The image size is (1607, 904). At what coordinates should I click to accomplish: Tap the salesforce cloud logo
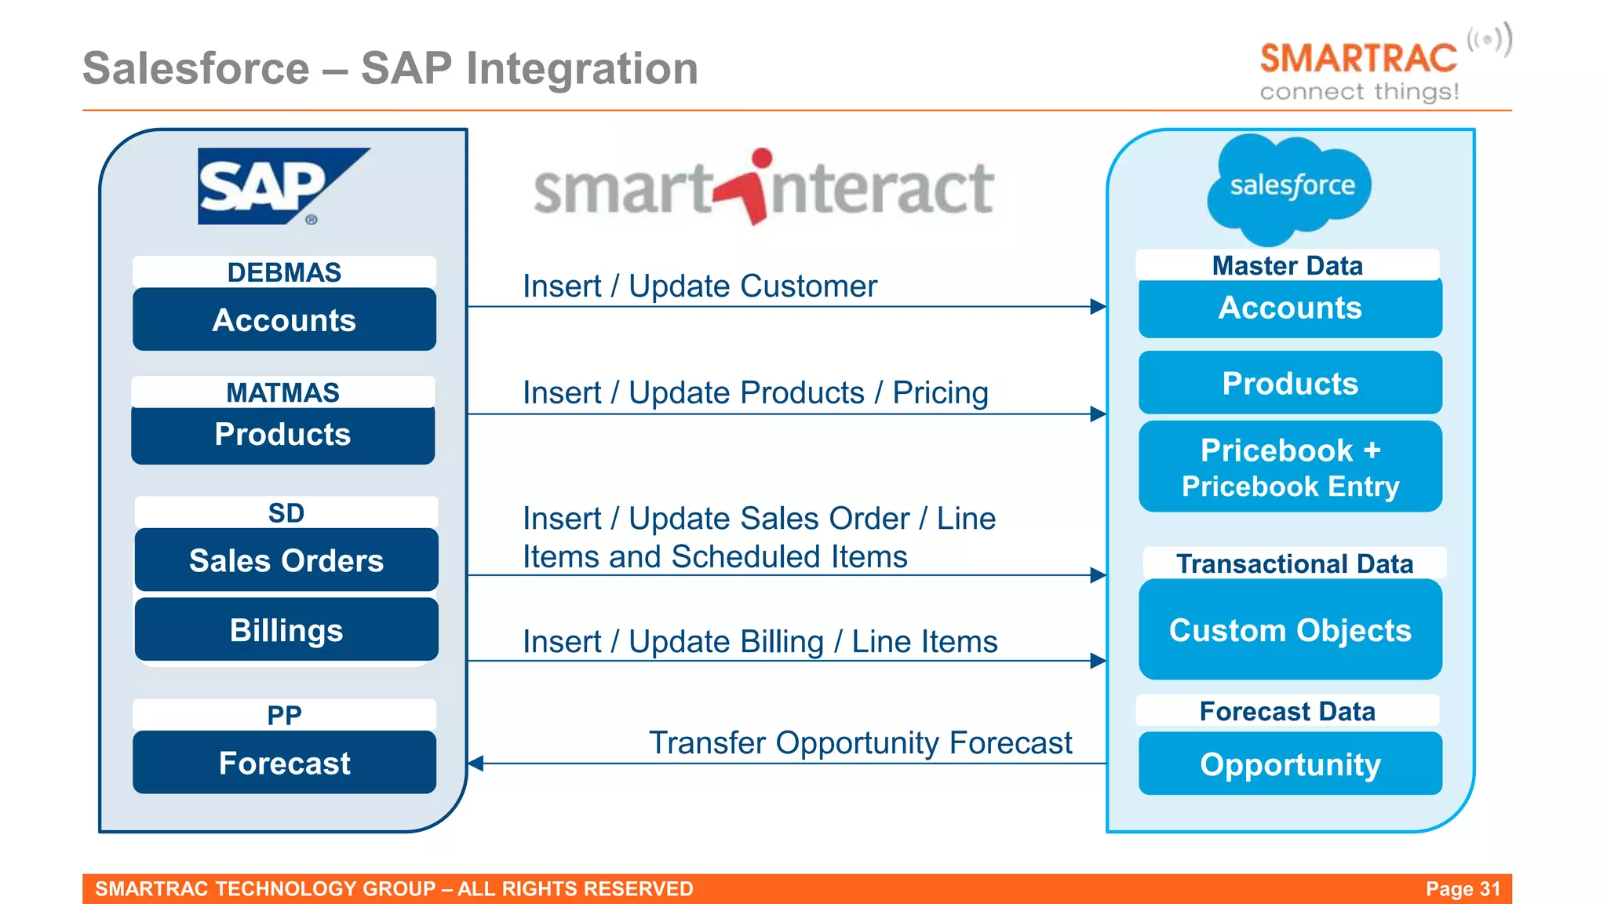pos(1289,187)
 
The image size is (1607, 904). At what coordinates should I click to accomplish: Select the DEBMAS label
pos(284,272)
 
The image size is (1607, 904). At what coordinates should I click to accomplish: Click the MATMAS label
pos(282,392)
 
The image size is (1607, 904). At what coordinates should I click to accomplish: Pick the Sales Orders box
pos(286,560)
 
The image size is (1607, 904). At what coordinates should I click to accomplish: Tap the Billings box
pos(286,630)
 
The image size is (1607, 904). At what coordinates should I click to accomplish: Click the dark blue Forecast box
pos(284,763)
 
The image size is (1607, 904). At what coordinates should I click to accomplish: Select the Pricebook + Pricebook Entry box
pos(1290,468)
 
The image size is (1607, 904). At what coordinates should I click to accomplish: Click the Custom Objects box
pos(1290,630)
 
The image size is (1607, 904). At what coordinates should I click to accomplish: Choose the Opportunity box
pos(1290,764)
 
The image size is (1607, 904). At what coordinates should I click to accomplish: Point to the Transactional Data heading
pos(1294,563)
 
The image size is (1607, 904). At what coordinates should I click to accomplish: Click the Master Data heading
pos(1287,265)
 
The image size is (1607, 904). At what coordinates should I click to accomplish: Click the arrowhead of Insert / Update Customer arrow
pos(1099,307)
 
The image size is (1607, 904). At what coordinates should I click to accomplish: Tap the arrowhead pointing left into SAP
pos(476,763)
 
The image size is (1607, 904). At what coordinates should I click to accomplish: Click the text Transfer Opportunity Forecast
pos(860,742)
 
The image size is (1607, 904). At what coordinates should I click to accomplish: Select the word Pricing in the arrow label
pos(940,392)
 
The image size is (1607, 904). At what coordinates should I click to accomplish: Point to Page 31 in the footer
pos(1463,888)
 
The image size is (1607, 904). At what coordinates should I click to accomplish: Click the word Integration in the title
pos(581,68)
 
